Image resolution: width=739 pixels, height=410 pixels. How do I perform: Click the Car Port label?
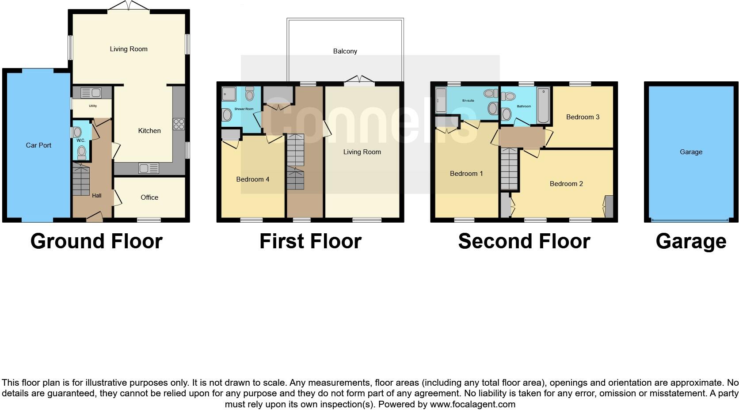tap(38, 145)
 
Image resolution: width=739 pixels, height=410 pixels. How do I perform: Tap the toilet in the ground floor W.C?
tap(81, 152)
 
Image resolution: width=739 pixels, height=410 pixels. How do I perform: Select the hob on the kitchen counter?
tap(179, 124)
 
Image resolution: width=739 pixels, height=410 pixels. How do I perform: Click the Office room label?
tap(149, 197)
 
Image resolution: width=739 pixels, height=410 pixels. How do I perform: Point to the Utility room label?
tap(92, 106)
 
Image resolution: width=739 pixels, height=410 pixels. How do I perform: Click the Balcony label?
tap(345, 51)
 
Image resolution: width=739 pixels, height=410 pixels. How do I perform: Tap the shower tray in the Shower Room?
tap(229, 94)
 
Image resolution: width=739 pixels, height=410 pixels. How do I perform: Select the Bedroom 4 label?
tap(252, 179)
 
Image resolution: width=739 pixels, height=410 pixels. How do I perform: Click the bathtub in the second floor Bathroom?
tap(543, 106)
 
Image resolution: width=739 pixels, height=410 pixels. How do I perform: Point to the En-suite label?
tap(468, 101)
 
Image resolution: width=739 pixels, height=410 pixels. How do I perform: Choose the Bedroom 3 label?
tap(583, 117)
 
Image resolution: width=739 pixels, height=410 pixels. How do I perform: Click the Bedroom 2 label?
tap(566, 184)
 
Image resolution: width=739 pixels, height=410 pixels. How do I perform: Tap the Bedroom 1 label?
tap(466, 174)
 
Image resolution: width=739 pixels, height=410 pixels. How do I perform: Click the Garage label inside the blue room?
tap(691, 152)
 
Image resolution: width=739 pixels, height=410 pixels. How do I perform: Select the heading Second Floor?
tap(524, 241)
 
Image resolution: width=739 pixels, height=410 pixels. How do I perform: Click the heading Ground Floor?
tap(96, 241)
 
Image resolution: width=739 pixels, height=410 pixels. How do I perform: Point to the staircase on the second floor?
tap(509, 169)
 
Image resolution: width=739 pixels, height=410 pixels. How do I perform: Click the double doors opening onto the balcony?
tap(359, 80)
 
